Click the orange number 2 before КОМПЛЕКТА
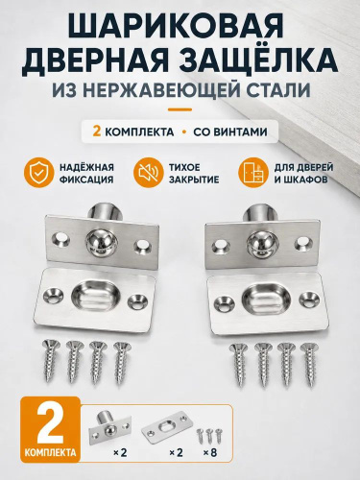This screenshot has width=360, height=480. (96, 132)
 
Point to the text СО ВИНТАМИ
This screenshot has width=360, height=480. (230, 132)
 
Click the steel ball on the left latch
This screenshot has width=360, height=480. (101, 244)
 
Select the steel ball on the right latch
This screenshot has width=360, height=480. (258, 244)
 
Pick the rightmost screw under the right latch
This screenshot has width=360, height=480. (308, 364)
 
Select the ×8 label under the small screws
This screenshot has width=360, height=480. (211, 452)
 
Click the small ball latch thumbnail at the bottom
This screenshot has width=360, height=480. (109, 426)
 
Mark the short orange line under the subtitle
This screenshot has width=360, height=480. (180, 109)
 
